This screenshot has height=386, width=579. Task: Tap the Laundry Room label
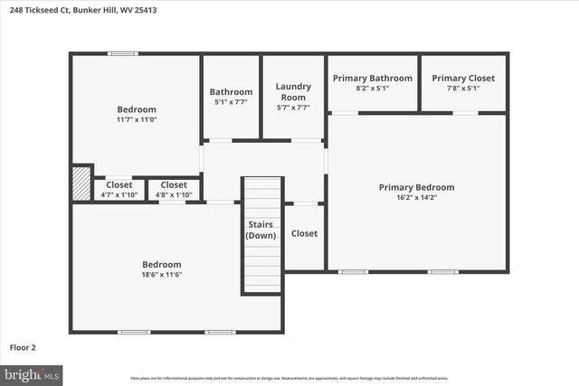coord(293,91)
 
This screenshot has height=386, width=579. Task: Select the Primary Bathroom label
coord(372,79)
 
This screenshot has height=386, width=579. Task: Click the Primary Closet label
coord(462,79)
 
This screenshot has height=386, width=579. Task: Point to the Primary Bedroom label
coord(416,187)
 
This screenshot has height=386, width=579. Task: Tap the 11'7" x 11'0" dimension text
coord(136,119)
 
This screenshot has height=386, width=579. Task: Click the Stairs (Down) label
coord(261,230)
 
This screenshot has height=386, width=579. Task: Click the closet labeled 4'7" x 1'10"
coord(119,189)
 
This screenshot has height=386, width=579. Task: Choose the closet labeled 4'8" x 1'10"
coord(174,189)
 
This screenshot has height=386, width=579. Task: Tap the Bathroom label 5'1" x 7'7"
coord(231,97)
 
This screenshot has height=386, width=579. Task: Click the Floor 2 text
coord(23,346)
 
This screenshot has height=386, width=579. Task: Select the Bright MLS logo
coord(32,373)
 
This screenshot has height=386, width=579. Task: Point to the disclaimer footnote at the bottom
coord(289,378)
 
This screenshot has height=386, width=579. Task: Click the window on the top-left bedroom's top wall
coord(122,53)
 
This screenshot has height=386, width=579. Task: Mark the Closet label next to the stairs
coord(304,233)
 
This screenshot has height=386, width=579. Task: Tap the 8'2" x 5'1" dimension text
coord(372,89)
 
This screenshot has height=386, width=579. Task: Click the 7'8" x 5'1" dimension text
coord(462,89)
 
